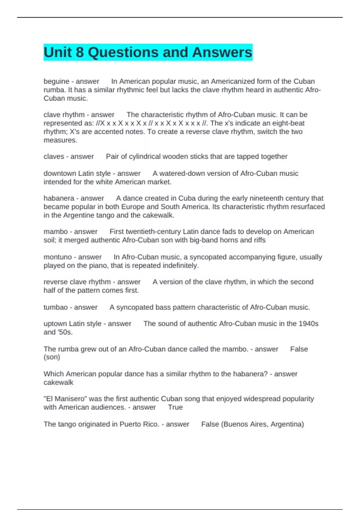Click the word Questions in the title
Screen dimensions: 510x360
(x=123, y=52)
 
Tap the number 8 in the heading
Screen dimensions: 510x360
(x=79, y=52)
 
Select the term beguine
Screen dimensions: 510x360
(x=56, y=81)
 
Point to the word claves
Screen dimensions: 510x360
(x=54, y=157)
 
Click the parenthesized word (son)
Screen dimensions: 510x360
(x=52, y=357)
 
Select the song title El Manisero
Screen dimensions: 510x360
(x=65, y=399)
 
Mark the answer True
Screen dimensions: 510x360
(x=175, y=407)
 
